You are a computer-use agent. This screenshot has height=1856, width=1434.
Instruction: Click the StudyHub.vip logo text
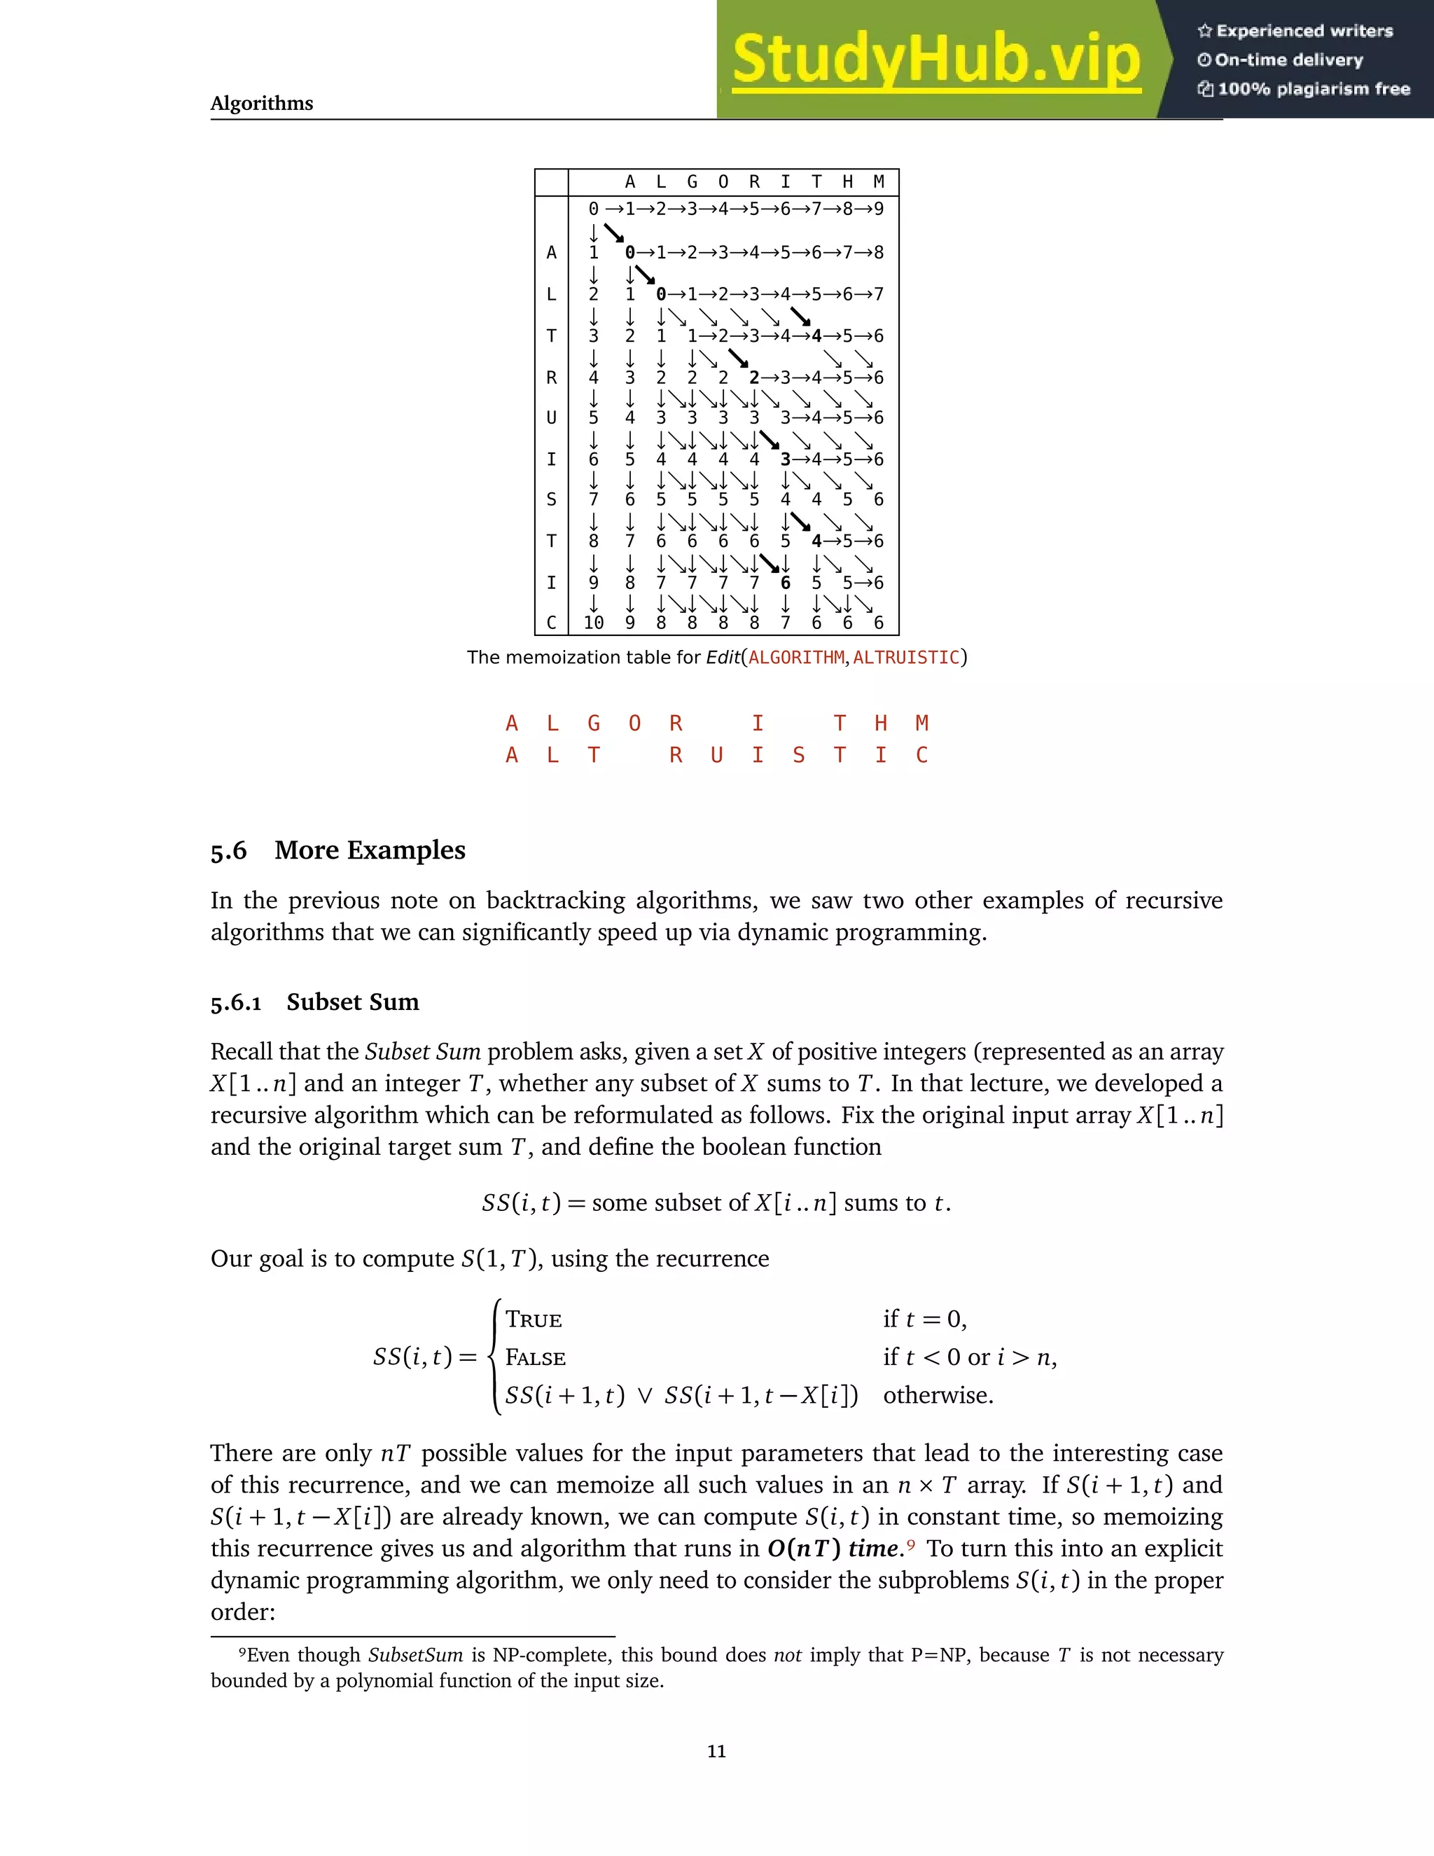935,60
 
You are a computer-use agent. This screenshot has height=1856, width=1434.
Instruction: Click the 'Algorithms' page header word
262,104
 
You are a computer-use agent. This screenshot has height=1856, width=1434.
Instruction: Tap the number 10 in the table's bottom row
593,623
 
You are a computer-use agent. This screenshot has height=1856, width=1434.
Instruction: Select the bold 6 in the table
785,583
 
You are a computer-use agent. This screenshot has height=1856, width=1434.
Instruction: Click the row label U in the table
551,418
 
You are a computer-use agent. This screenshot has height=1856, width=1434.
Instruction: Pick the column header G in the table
692,182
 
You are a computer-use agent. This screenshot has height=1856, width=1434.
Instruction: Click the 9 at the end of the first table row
879,209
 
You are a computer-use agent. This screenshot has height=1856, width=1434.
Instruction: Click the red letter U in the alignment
717,756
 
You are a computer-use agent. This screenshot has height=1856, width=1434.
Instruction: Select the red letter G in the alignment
594,723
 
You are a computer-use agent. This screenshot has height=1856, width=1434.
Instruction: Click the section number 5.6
228,851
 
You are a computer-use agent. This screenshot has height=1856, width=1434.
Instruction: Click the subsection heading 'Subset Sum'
353,1002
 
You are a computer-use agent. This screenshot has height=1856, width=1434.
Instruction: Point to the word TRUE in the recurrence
534,1320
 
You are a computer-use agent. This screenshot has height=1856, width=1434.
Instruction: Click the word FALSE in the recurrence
535,1358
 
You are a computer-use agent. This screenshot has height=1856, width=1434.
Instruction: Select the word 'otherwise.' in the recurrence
938,1395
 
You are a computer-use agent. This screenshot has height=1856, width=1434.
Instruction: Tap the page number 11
716,1752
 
